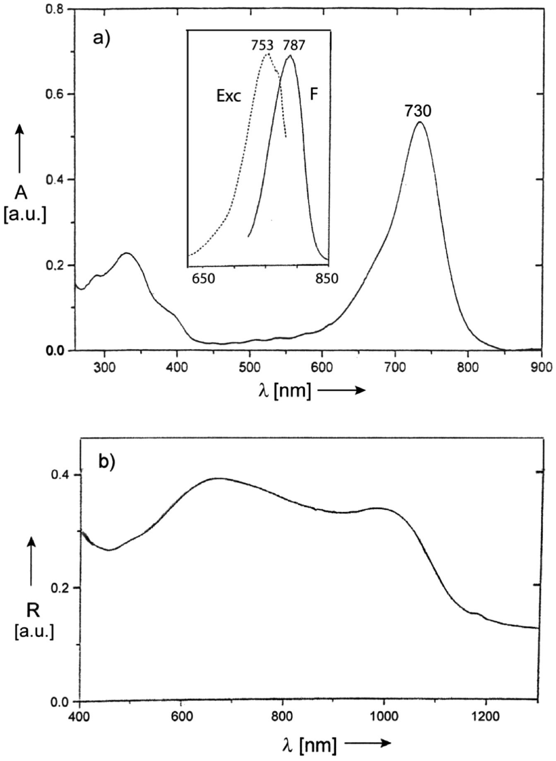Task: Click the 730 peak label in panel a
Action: coord(418,111)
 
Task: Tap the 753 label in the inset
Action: coord(262,45)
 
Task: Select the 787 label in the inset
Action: coord(294,45)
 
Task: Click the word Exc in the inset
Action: coord(229,96)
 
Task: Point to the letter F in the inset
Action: coord(314,95)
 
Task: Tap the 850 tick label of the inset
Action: coord(326,279)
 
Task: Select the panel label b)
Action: coord(106,461)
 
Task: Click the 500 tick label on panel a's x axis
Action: coord(249,366)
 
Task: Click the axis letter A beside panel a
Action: coord(22,193)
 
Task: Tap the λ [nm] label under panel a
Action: coord(284,390)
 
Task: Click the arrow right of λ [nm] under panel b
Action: coord(368,743)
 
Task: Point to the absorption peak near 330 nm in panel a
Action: coord(127,253)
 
